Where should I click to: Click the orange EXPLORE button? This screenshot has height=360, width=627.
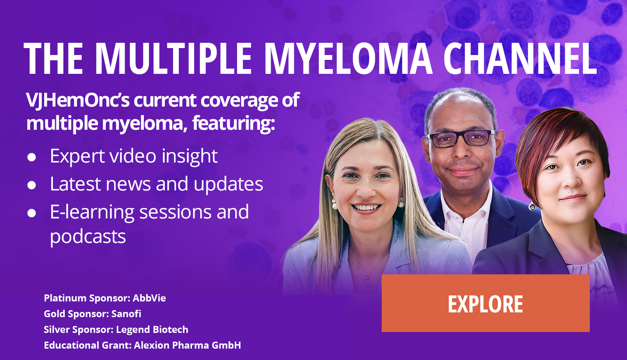(x=485, y=303)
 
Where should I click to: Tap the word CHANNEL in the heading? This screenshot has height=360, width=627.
(x=520, y=59)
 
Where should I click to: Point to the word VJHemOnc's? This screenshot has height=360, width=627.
(x=77, y=100)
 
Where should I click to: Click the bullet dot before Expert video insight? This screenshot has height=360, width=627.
(x=31, y=157)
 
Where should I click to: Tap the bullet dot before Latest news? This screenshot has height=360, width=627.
(x=31, y=185)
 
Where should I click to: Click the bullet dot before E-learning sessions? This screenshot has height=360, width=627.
(x=31, y=213)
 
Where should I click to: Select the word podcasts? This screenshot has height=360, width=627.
(x=88, y=237)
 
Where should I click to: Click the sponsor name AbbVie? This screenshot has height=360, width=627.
(x=149, y=298)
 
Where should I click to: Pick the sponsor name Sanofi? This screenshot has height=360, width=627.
(x=126, y=314)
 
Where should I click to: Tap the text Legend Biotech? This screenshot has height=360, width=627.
(x=152, y=329)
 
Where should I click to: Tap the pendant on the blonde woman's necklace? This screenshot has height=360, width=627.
(x=367, y=281)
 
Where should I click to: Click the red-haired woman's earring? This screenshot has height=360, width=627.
(x=532, y=207)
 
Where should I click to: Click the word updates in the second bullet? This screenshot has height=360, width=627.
(x=228, y=184)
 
